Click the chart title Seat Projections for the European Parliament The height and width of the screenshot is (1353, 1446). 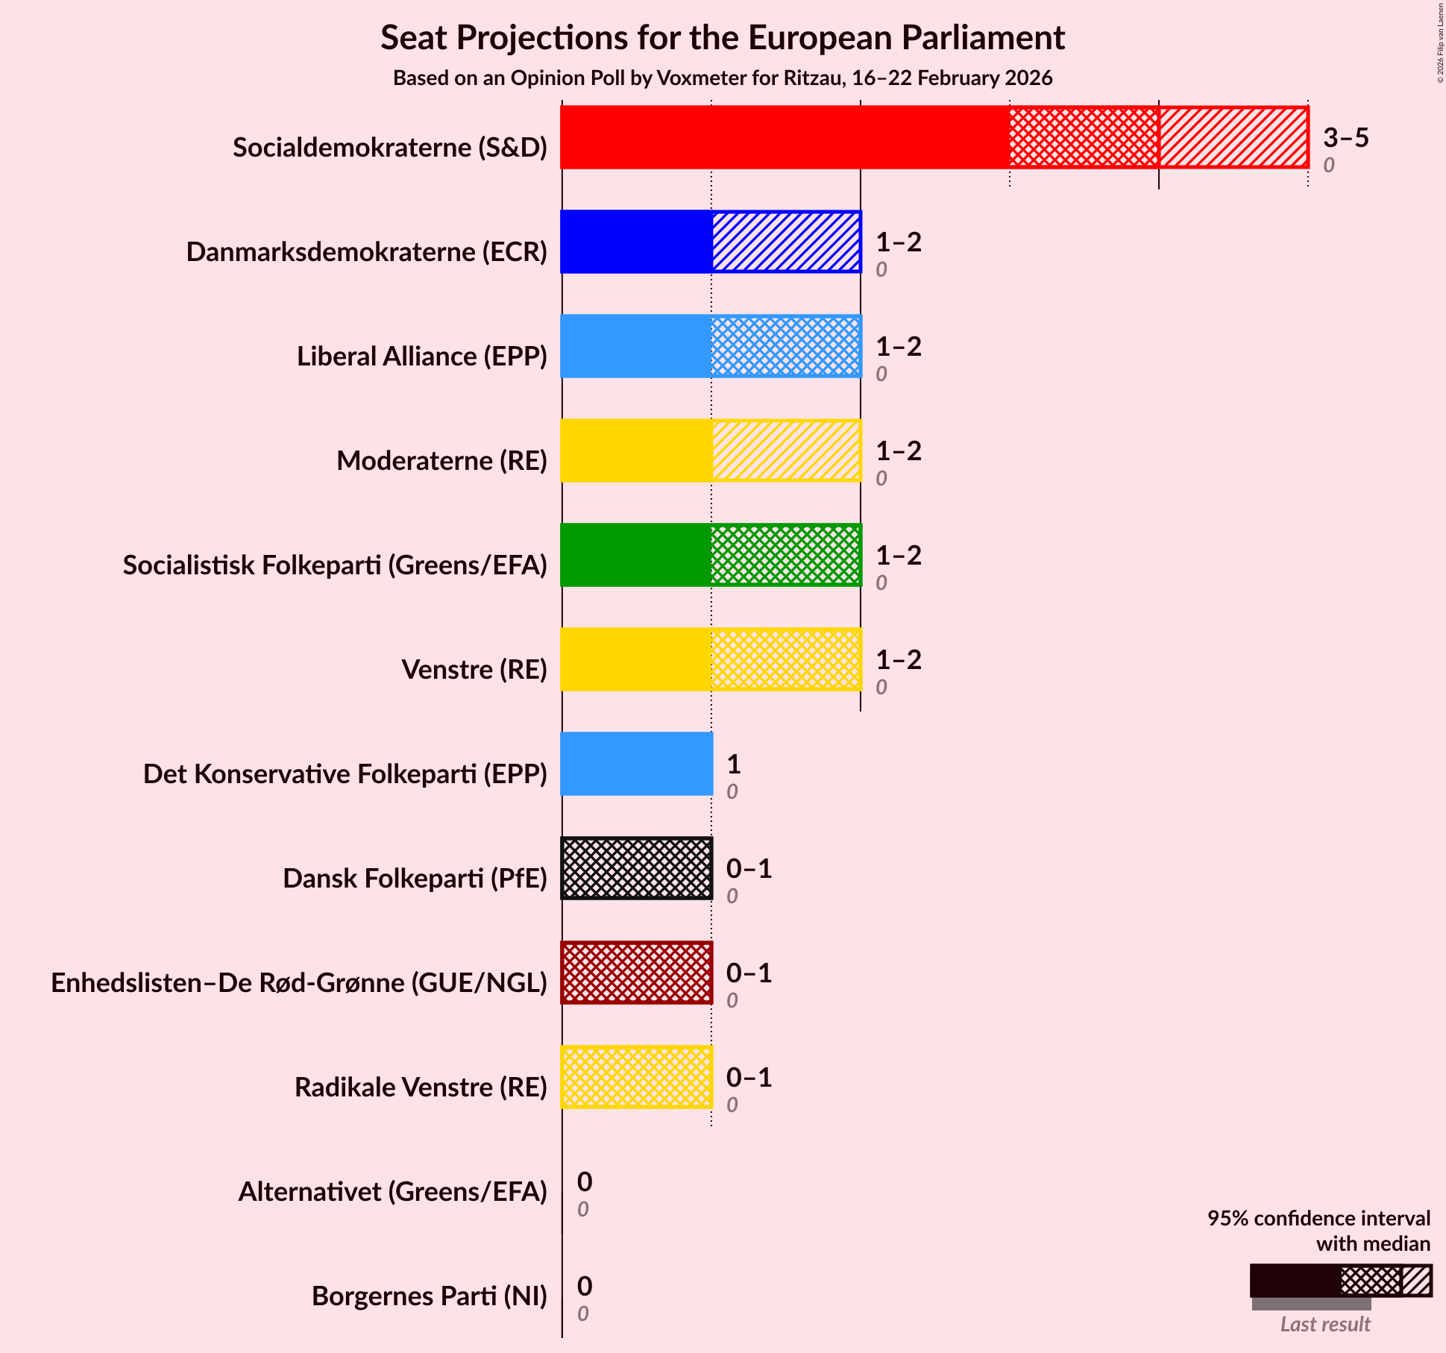[722, 37]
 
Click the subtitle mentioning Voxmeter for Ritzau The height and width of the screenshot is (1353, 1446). [722, 78]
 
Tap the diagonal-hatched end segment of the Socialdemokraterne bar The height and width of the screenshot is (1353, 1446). [1233, 137]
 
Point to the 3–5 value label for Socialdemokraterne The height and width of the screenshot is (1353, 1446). [1345, 138]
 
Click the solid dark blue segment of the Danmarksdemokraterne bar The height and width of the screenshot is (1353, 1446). [636, 242]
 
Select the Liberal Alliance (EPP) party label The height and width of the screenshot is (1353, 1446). [422, 357]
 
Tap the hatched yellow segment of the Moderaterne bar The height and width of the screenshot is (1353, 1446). [785, 451]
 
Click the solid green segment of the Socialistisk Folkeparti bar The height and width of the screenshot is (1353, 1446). [636, 555]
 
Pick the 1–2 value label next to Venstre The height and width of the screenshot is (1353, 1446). [898, 660]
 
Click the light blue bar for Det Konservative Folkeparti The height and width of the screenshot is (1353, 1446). [636, 764]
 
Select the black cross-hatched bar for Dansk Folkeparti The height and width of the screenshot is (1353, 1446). [636, 868]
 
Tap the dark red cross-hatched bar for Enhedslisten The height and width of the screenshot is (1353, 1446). [636, 973]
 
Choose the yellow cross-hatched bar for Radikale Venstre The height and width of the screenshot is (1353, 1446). [636, 1077]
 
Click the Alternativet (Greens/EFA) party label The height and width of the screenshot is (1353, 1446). [392, 1192]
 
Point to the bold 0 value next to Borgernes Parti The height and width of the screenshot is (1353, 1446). [584, 1287]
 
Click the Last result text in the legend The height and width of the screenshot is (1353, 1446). [1324, 1325]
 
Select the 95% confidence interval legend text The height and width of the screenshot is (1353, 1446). [1318, 1219]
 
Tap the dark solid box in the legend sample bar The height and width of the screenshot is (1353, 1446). [1295, 1281]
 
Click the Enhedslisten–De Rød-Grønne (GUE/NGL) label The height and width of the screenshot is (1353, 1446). [299, 983]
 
